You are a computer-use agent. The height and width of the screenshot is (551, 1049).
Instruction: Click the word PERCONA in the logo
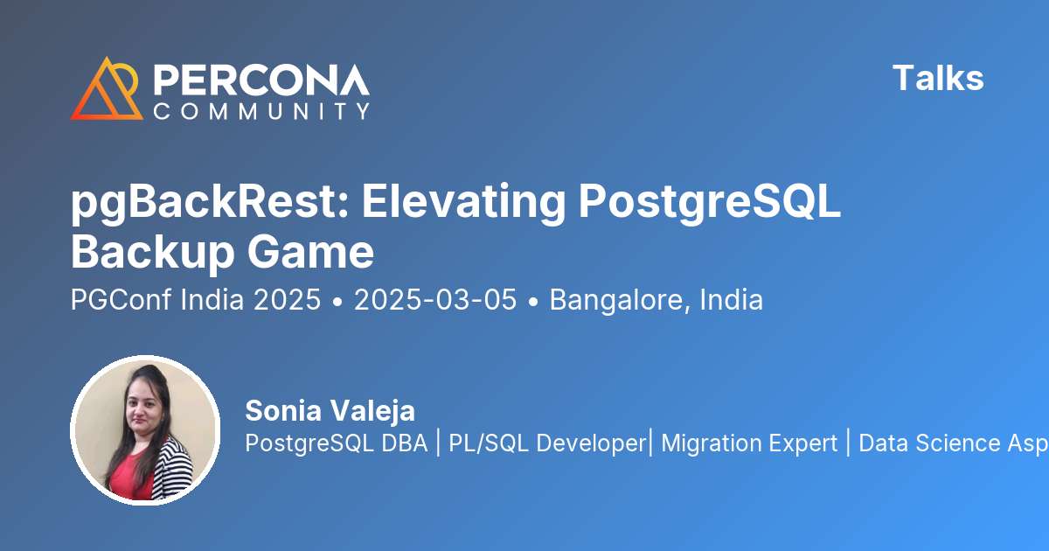pyautogui.click(x=261, y=80)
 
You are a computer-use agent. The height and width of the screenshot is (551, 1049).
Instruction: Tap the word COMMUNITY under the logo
pyautogui.click(x=261, y=111)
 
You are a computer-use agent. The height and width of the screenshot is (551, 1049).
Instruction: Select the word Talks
pyautogui.click(x=938, y=79)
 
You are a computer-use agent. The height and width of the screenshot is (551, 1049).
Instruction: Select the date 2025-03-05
pyautogui.click(x=434, y=300)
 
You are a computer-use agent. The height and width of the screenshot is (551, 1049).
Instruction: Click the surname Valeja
pyautogui.click(x=372, y=410)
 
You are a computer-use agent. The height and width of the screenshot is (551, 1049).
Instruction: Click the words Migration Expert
pyautogui.click(x=749, y=443)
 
